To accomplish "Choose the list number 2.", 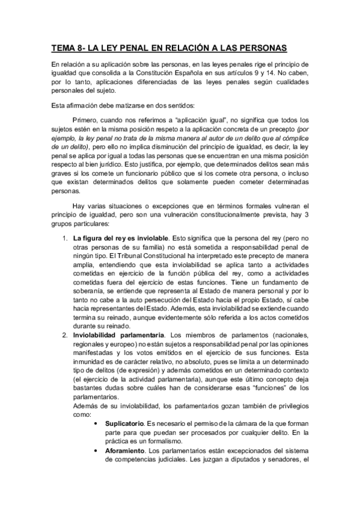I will click(x=66, y=334).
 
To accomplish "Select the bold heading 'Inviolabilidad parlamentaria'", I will click(x=118, y=334).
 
